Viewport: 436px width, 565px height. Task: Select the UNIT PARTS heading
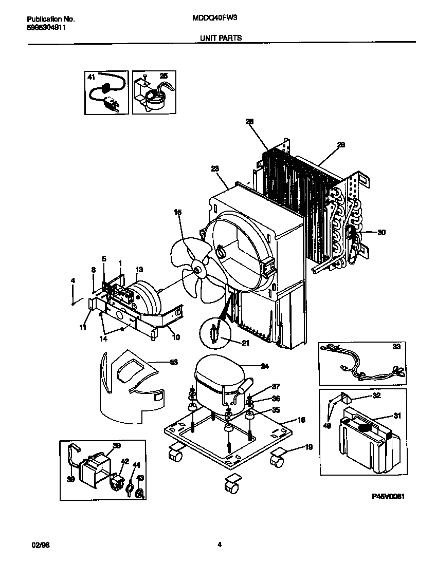[x=220, y=37]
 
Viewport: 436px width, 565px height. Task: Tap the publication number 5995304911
[x=46, y=28]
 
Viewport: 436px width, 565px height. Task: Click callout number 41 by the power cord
[x=92, y=77]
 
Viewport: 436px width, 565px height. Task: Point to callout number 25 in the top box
[x=164, y=76]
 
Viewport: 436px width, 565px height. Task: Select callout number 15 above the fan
[x=178, y=212]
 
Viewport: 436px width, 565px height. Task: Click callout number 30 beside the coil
[x=381, y=232]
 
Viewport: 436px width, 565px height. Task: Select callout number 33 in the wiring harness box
[x=396, y=347]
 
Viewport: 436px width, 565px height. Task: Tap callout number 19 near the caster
[x=308, y=447]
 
